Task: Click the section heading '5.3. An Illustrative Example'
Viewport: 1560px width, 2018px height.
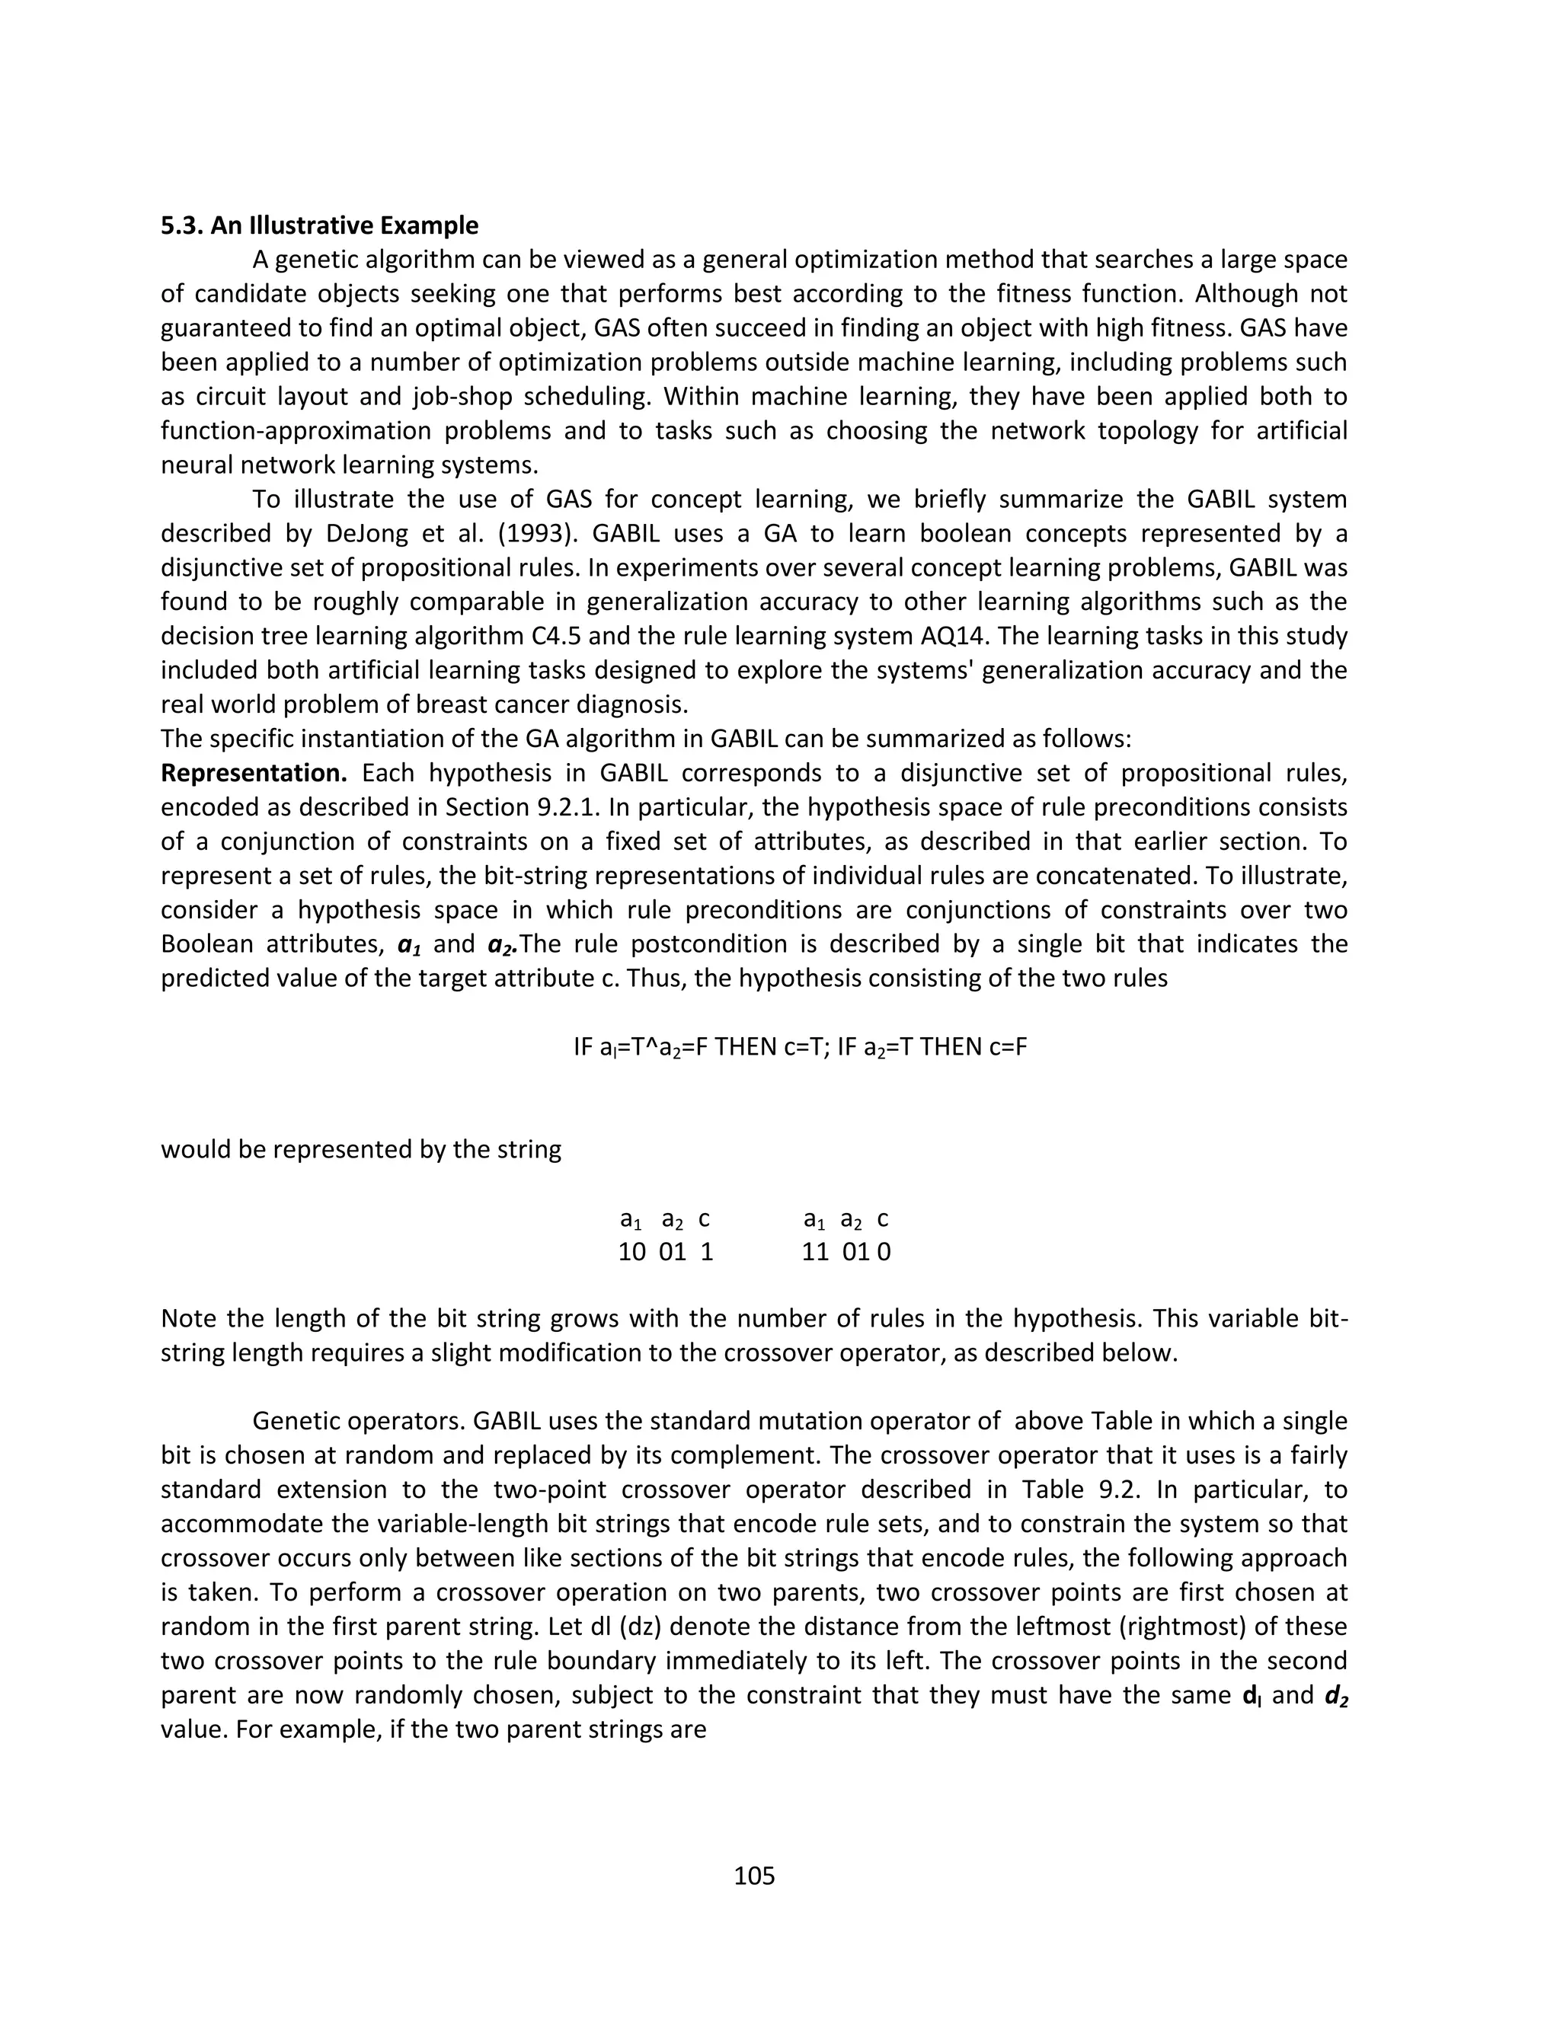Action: point(319,225)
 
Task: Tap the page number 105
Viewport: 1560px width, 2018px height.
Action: point(754,1876)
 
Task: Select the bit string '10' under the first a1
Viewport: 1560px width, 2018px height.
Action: point(632,1252)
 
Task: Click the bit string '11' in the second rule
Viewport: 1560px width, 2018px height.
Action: point(815,1252)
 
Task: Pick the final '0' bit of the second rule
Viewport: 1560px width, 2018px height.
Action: point(884,1252)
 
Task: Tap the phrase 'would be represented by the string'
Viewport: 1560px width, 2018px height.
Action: point(360,1149)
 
